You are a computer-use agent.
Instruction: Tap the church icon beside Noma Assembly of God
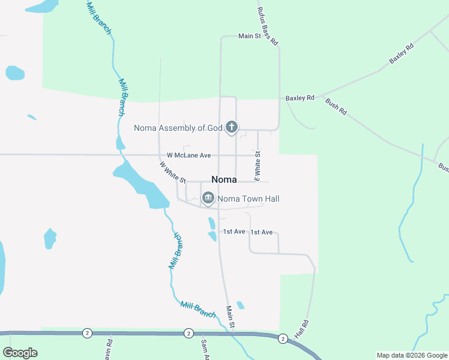[x=232, y=127]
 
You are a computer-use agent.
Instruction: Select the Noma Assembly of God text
[x=178, y=128]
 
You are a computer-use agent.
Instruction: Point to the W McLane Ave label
[x=188, y=155]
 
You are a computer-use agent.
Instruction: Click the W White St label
[x=173, y=172]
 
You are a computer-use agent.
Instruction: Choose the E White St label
[x=258, y=166]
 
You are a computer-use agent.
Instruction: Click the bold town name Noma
[x=224, y=179]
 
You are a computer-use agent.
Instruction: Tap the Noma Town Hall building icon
[x=208, y=198]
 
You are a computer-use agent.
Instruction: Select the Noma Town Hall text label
[x=248, y=199]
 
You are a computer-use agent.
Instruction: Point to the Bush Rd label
[x=336, y=107]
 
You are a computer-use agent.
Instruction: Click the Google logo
[x=20, y=353]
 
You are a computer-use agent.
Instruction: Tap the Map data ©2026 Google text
[x=412, y=355]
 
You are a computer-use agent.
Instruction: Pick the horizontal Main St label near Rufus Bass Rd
[x=249, y=37]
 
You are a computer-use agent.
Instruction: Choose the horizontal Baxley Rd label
[x=300, y=98]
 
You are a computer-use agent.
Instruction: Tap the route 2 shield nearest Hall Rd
[x=282, y=339]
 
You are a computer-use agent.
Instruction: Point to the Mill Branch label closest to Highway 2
[x=197, y=310]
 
